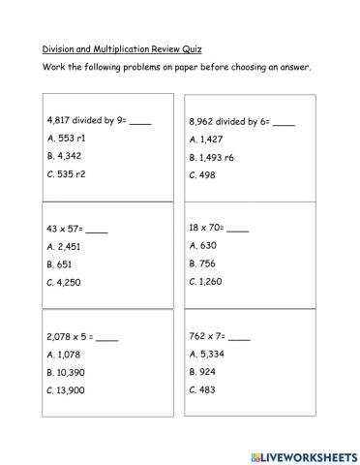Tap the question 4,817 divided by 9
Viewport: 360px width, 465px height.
(99, 121)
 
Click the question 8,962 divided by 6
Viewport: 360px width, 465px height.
(241, 123)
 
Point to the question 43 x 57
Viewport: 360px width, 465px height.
(76, 230)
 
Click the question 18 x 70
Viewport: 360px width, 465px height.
(219, 228)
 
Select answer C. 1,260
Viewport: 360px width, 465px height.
(210, 281)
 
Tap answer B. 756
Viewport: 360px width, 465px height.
(206, 263)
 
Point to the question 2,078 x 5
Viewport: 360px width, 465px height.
(81, 337)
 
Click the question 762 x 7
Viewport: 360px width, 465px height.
(219, 336)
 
